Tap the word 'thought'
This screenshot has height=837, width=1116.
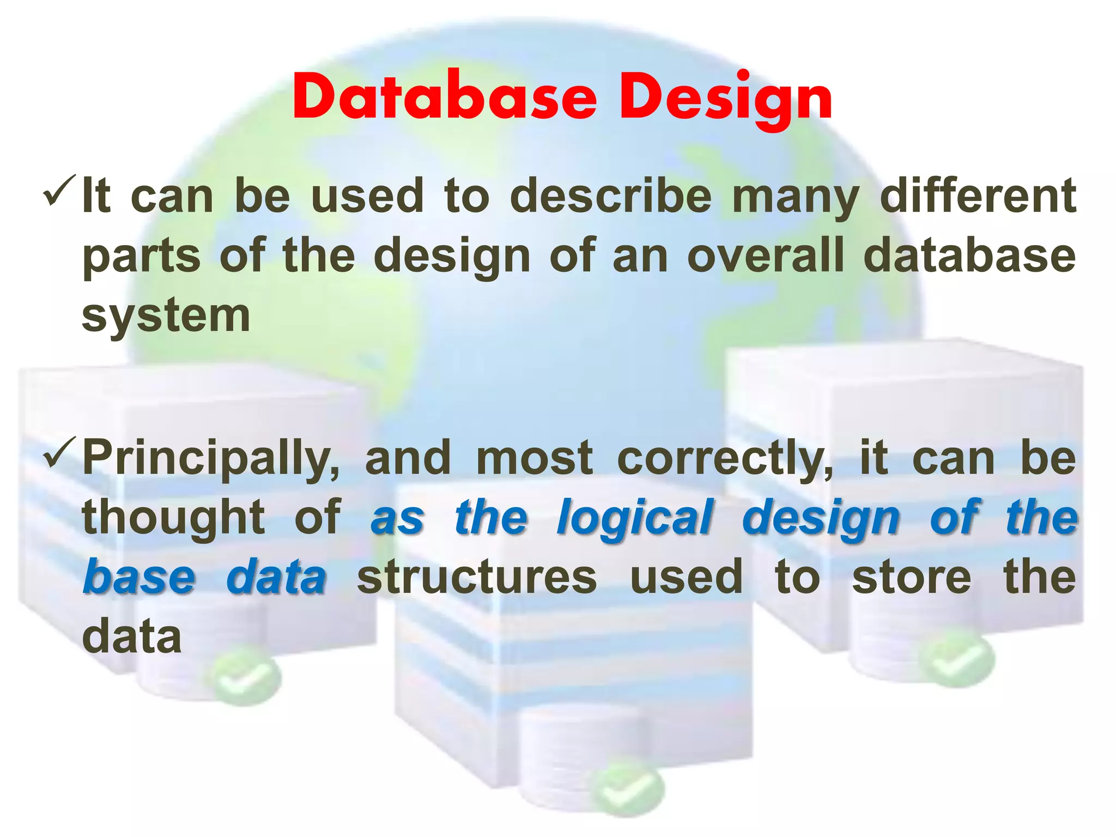[173, 518]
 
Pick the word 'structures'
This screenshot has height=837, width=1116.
[477, 578]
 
